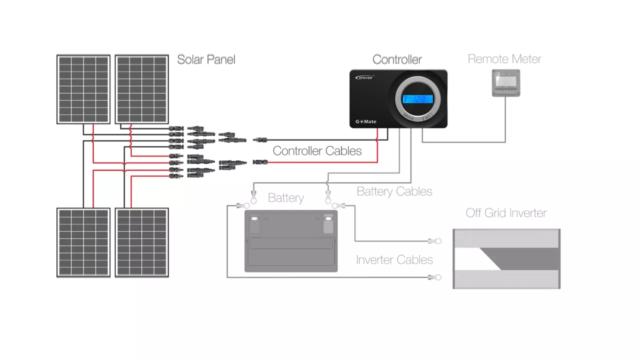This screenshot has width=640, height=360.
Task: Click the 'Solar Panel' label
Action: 206,59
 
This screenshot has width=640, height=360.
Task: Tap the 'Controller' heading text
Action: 397,59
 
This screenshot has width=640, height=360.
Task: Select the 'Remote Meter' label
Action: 504,59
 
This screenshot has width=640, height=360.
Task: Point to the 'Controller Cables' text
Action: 317,151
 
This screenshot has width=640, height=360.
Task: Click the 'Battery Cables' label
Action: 394,191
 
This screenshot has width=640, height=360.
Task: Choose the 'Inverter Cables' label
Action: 394,260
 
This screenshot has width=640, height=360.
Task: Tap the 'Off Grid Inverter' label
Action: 506,213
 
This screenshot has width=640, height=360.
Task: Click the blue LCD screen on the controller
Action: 417,99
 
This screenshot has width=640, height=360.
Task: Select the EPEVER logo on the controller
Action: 364,77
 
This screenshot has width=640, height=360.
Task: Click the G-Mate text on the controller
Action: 365,121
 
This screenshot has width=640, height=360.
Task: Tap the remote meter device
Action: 506,83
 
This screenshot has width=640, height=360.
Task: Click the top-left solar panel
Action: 83,89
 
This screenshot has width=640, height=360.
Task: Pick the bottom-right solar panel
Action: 142,242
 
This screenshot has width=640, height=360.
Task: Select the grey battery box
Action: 291,241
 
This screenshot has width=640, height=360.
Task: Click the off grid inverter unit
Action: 506,258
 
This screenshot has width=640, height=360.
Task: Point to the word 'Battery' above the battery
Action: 285,198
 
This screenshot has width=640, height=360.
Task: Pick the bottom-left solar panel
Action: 83,242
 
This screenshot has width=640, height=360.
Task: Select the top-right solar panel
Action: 142,89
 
